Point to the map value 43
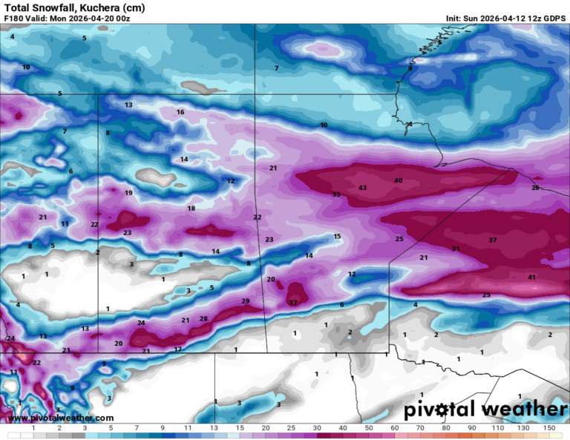point(362,188)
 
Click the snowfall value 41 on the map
point(531,278)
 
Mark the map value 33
point(336,194)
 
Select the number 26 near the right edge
point(535,188)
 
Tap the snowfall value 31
point(456,249)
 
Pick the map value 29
point(246,301)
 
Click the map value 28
point(203,319)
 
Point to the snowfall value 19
point(128,193)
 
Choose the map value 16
point(180,112)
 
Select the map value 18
point(191,209)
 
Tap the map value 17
point(177,349)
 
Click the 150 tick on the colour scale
point(548,428)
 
